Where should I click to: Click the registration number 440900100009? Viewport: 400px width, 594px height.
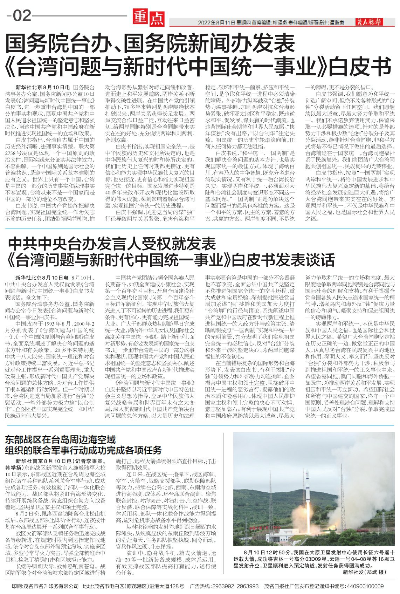(x=365, y=586)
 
